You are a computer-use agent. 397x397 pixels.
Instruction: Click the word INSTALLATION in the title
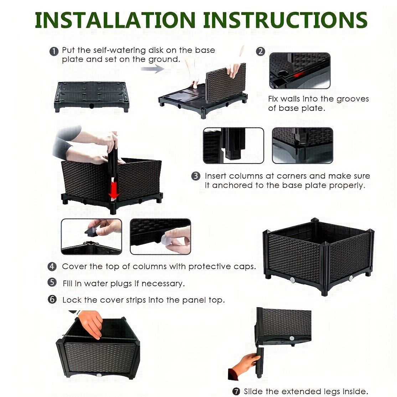coord(115,20)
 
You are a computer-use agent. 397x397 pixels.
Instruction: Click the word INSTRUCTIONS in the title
coord(285,20)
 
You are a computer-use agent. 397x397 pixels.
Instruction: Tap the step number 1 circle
coord(54,51)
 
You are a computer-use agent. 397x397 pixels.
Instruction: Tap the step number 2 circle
coord(261,51)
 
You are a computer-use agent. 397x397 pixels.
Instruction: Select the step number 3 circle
coord(196,176)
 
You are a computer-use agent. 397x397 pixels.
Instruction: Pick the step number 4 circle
coord(52,266)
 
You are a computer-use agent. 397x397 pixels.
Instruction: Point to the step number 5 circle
coord(52,282)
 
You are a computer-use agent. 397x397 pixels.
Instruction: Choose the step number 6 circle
coord(52,299)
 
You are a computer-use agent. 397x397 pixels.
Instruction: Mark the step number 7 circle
coord(236,391)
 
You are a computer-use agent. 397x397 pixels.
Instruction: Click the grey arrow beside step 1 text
coord(153,68)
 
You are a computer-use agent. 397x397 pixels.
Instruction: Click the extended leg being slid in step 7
coord(260,362)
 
